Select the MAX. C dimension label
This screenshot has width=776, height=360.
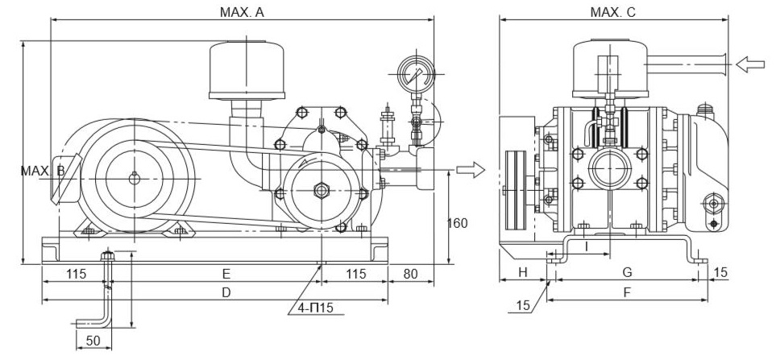(x=613, y=12)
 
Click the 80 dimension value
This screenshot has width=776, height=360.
(x=411, y=274)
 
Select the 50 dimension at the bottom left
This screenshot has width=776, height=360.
(x=93, y=340)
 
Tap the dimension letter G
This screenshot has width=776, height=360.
(x=628, y=274)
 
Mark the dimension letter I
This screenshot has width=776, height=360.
(x=587, y=243)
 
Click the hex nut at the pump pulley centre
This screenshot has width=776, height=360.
(x=322, y=190)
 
